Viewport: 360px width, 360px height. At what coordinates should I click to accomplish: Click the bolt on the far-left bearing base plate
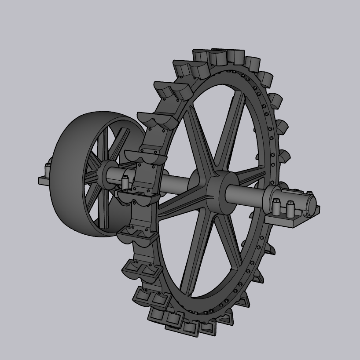click(48, 169)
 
